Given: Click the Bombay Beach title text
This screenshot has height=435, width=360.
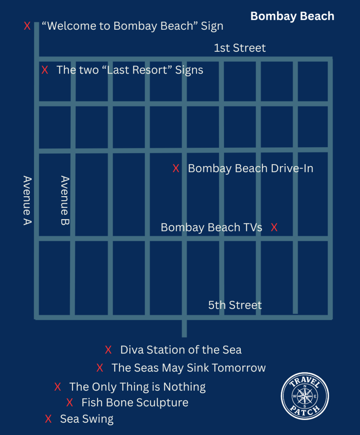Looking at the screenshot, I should click(292, 16).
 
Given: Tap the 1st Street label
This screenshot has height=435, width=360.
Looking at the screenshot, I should click(240, 48).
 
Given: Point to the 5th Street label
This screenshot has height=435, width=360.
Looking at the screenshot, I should click(235, 305).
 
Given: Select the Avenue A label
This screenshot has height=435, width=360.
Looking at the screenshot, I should click(27, 200).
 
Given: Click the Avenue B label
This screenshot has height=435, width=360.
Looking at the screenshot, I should click(65, 200).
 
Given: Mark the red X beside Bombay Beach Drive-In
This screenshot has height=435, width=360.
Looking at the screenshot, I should click(176, 168).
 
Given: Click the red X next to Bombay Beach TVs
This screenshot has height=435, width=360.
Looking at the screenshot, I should click(274, 227).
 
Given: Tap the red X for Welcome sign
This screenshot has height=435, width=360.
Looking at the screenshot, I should click(27, 26).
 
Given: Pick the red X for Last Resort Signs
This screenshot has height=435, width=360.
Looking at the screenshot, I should click(45, 70).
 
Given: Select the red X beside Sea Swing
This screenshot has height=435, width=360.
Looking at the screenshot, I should click(48, 419).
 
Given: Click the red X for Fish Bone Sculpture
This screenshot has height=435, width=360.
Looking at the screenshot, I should click(70, 403).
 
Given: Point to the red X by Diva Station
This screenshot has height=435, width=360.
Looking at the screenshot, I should click(108, 350).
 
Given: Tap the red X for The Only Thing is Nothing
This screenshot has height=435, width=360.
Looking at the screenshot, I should click(58, 386).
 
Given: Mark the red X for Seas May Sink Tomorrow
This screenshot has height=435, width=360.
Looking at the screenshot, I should click(100, 368).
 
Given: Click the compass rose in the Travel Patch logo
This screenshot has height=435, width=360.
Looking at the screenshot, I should click(305, 396).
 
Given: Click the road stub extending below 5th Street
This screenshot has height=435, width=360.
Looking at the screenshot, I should click(184, 328).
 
